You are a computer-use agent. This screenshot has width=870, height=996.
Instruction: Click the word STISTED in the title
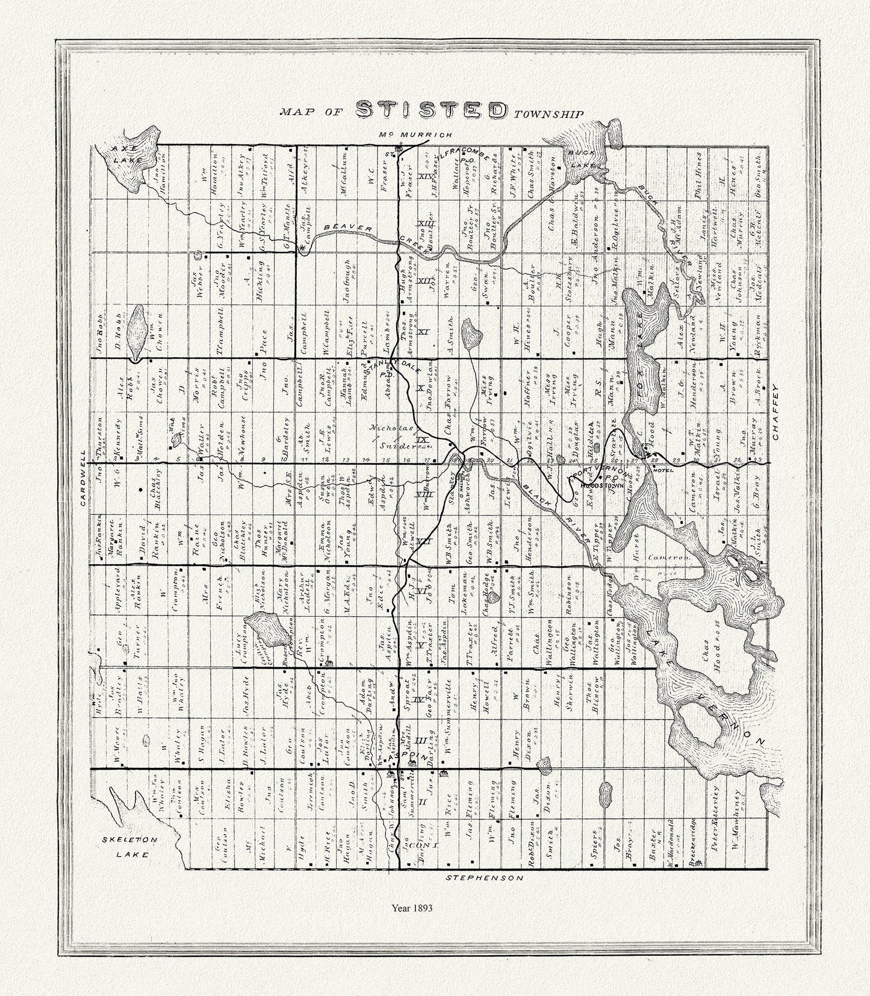tap(430, 110)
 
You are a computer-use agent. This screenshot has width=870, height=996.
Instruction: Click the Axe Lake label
tap(127, 154)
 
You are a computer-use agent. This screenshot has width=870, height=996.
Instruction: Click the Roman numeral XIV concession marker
tap(426, 176)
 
